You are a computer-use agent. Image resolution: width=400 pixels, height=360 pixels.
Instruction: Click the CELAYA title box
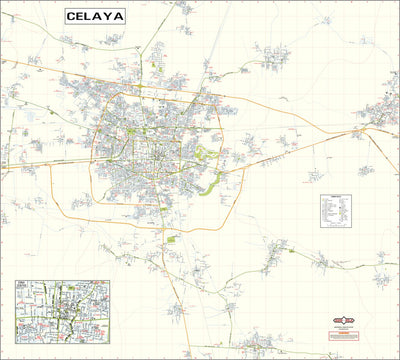pos(96,16)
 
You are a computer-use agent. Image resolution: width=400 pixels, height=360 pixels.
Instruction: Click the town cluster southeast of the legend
pos(322,262)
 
